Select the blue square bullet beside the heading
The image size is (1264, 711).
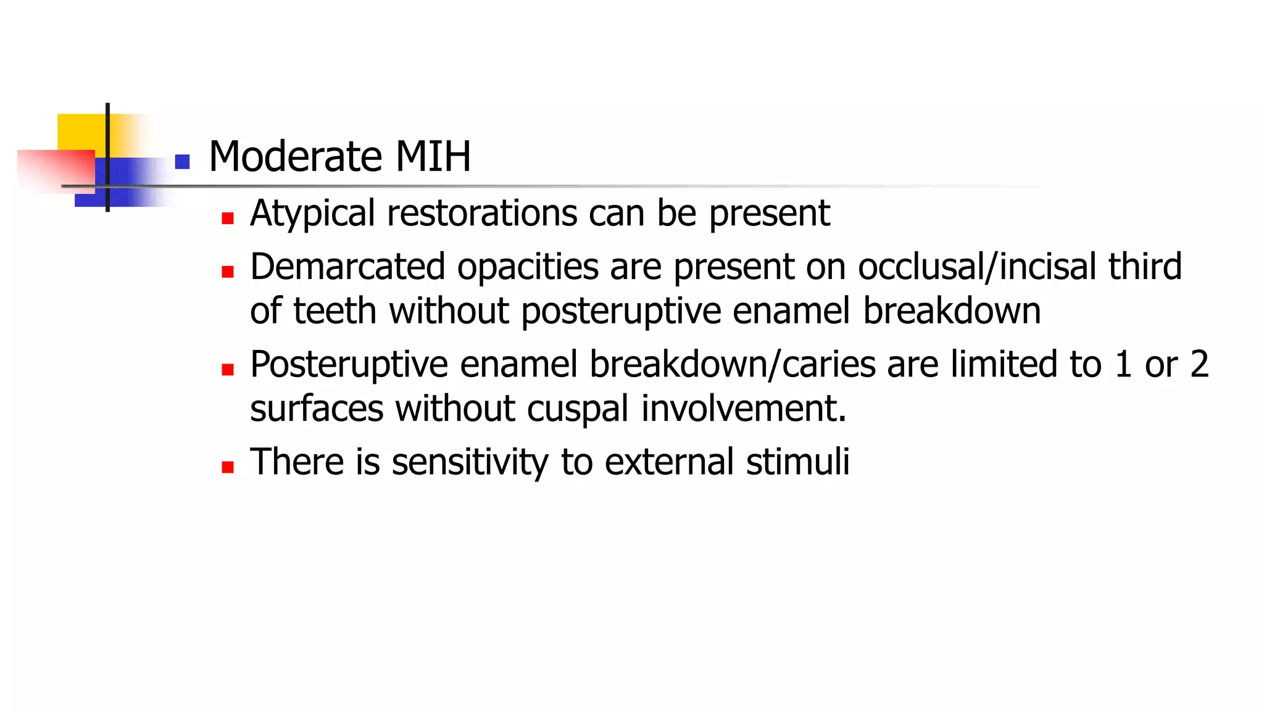(x=182, y=162)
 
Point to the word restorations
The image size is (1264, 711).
(x=482, y=214)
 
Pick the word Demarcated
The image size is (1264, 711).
(x=347, y=267)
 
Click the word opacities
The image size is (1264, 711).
(x=528, y=267)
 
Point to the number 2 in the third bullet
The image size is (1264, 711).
(x=1199, y=364)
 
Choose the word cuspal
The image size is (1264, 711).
(x=578, y=409)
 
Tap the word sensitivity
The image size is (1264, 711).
(x=470, y=462)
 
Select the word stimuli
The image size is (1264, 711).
(x=797, y=462)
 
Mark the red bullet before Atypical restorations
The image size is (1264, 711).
(x=228, y=218)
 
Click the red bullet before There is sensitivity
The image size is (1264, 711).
(x=228, y=467)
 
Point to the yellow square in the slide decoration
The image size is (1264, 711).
(x=80, y=131)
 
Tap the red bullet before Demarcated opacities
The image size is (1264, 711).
(x=228, y=272)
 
